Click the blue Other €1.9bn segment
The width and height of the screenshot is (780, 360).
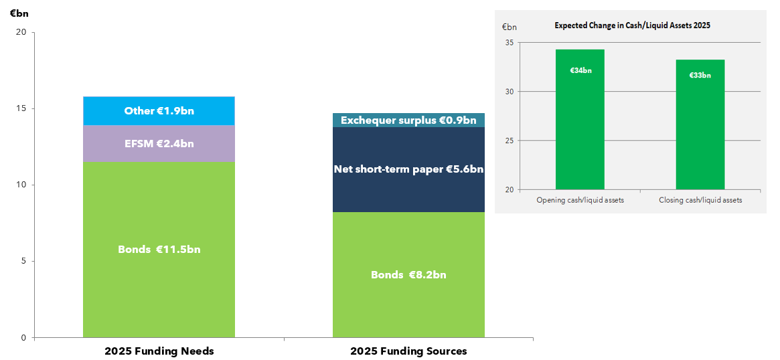159,111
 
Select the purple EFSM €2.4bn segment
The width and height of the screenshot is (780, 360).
159,143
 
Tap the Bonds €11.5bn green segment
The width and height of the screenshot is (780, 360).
159,250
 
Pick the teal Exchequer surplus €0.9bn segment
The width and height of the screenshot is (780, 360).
408,120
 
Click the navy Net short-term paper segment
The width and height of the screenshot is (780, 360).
408,169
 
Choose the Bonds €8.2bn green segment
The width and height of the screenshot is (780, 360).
408,275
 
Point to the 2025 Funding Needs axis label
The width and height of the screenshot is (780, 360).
159,351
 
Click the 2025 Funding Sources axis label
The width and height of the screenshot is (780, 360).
408,351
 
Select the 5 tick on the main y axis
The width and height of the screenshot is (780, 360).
23,261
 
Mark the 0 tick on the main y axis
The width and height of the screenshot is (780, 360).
23,337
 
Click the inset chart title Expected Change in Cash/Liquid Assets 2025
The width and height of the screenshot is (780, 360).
632,25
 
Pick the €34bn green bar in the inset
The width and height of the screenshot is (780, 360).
580,120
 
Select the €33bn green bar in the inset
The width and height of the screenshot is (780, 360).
700,125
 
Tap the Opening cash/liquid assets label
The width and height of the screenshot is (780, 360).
580,200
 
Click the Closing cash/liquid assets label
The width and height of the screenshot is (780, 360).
700,200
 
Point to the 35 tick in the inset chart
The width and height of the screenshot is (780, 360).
510,43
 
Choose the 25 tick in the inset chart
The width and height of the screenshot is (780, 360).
510,141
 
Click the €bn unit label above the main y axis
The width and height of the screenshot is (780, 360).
19,13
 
